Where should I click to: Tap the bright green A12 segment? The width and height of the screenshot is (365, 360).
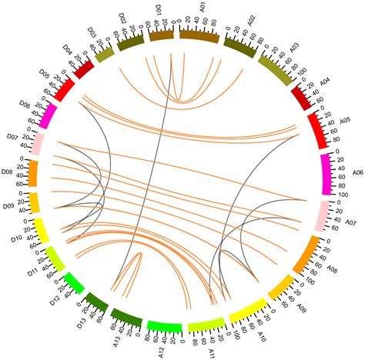[164, 327]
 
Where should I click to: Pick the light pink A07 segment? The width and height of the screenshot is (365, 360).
[325, 215]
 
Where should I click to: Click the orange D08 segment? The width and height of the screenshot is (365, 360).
[33, 172]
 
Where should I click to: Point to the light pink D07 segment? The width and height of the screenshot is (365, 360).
[37, 143]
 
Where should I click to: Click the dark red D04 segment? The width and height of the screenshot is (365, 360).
[83, 69]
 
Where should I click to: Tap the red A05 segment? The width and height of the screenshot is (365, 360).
[316, 130]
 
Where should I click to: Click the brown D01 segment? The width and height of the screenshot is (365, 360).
[161, 35]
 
